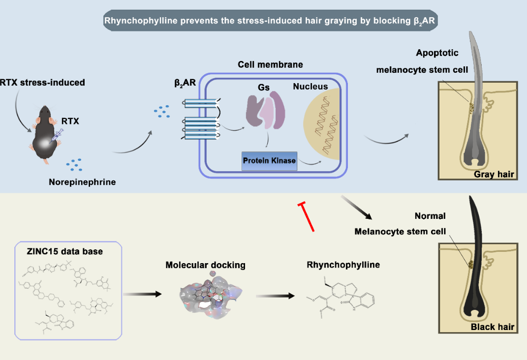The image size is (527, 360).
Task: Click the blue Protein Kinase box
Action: point(270,161)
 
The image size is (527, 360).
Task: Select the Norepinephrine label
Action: point(82,182)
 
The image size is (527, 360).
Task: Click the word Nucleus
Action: point(310,87)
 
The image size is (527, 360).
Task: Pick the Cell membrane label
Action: point(270,64)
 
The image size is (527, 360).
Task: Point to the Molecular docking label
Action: point(206,265)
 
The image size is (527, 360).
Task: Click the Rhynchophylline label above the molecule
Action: point(343,265)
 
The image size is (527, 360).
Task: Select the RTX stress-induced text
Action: point(42,82)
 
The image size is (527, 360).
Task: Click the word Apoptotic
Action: point(437,53)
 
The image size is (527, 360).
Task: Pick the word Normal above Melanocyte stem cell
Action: point(430,216)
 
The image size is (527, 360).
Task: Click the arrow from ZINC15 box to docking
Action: point(142,294)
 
